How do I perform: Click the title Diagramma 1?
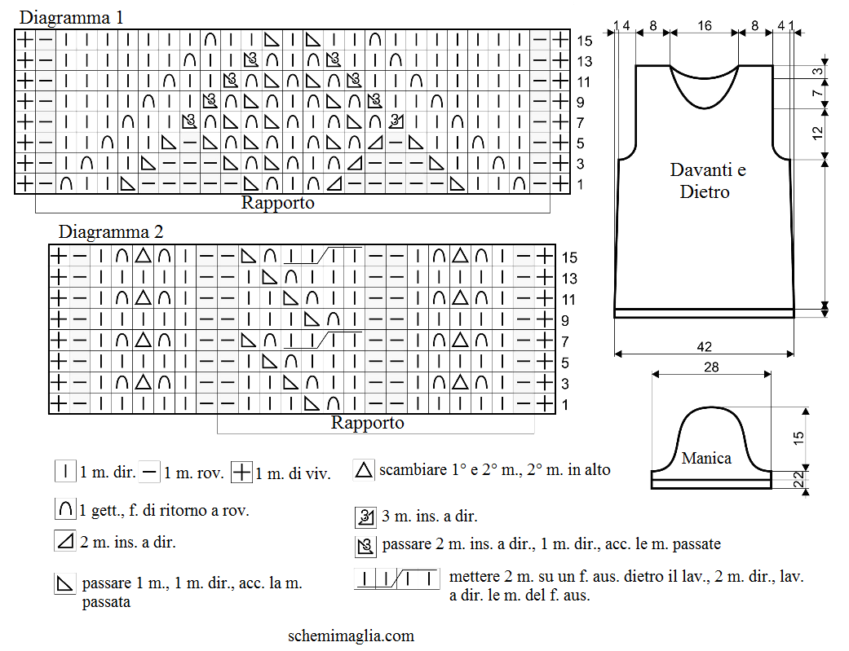[x=71, y=17]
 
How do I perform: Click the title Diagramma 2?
[x=110, y=231]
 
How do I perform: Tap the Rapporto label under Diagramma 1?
[x=277, y=202]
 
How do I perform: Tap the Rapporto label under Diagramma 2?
[x=367, y=422]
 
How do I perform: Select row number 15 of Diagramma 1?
[x=584, y=41]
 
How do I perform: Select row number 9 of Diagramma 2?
[x=564, y=320]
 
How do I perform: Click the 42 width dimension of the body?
[x=704, y=346]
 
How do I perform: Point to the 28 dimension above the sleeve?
[x=711, y=367]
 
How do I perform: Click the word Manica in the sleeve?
[x=706, y=459]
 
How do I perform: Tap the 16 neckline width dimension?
[x=704, y=25]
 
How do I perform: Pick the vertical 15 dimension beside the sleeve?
[x=798, y=438]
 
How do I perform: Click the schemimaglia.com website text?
[x=351, y=636]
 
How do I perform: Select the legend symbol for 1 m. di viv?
[x=241, y=472]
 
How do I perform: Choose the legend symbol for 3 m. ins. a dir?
[x=365, y=517]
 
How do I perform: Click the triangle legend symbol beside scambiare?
[x=364, y=470]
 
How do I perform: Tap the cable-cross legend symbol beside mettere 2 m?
[x=397, y=578]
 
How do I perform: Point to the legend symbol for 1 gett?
[x=65, y=509]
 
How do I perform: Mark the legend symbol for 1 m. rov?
[x=149, y=471]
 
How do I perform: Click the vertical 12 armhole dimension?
[x=817, y=133]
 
